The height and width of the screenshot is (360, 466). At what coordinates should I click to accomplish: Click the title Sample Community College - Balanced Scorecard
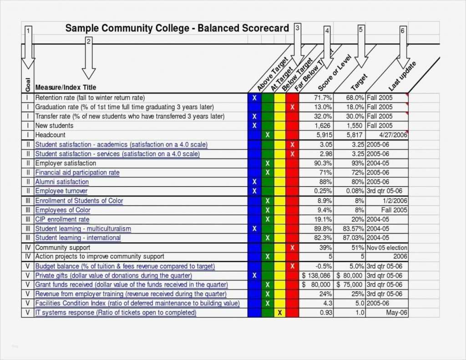177,28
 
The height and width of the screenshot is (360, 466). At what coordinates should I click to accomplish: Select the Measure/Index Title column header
66,87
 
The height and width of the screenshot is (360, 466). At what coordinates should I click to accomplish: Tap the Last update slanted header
403,75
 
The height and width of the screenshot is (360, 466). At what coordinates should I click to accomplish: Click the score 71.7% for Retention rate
323,98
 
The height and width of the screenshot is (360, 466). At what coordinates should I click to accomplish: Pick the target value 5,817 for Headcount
354,135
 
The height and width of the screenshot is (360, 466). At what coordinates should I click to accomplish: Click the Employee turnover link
61,191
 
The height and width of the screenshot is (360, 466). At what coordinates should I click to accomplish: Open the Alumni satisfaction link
62,182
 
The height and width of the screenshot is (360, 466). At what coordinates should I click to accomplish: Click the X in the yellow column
279,313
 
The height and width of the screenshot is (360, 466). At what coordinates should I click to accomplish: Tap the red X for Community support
292,248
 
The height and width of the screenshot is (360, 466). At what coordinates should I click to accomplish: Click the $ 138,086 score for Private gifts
316,275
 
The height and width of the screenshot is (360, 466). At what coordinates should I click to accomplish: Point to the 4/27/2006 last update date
394,135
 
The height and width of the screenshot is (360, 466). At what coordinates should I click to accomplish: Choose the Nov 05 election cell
387,248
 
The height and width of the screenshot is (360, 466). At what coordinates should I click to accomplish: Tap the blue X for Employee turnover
254,191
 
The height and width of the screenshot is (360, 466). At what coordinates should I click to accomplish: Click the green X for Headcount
268,135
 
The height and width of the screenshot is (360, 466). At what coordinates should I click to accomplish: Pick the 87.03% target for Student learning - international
354,238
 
